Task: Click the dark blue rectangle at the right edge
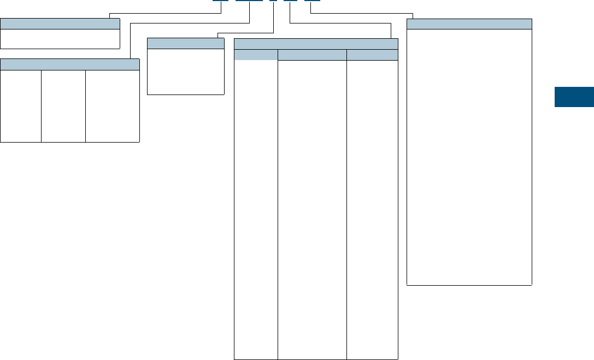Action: coord(574,97)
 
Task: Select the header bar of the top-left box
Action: coord(60,23)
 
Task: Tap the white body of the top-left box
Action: coord(60,39)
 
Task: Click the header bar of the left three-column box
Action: coord(70,64)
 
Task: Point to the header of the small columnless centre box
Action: coord(186,44)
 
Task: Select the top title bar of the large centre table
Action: coord(316,44)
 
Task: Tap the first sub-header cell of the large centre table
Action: coord(256,55)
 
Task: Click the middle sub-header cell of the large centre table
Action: coord(312,55)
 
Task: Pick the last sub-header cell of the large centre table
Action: coord(372,55)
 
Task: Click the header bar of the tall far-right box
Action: coord(469,23)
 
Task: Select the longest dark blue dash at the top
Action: coord(250,1)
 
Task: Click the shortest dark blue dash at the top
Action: coord(273,1)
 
